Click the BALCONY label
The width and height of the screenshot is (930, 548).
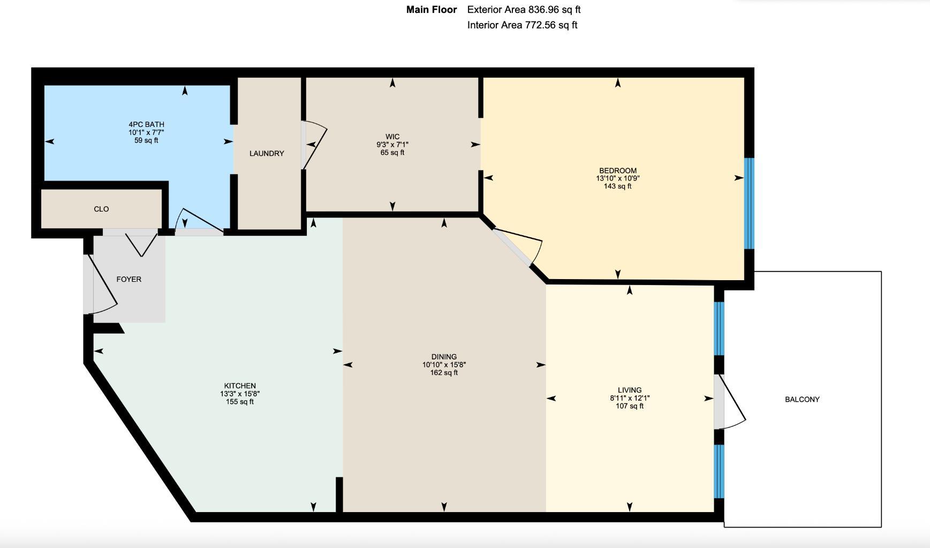pos(802,399)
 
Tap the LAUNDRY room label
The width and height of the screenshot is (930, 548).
pos(267,154)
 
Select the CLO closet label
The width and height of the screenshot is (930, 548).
pos(101,209)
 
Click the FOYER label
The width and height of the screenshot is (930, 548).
pos(128,279)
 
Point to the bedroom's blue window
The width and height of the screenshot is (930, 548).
pos(749,203)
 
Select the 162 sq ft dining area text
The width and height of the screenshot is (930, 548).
pos(444,373)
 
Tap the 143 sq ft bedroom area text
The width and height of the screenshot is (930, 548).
pos(617,186)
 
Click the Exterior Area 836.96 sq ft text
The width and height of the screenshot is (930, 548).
pos(524,10)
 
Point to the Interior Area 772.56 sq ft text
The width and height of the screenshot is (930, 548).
pos(522,25)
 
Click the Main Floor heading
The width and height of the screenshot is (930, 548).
pos(432,10)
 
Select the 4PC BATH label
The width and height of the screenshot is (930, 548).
pos(146,124)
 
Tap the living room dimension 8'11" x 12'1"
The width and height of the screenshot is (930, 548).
pos(630,398)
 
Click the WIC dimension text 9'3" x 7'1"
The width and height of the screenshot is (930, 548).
pos(392,145)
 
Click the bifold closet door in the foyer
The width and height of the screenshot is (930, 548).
pos(141,244)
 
